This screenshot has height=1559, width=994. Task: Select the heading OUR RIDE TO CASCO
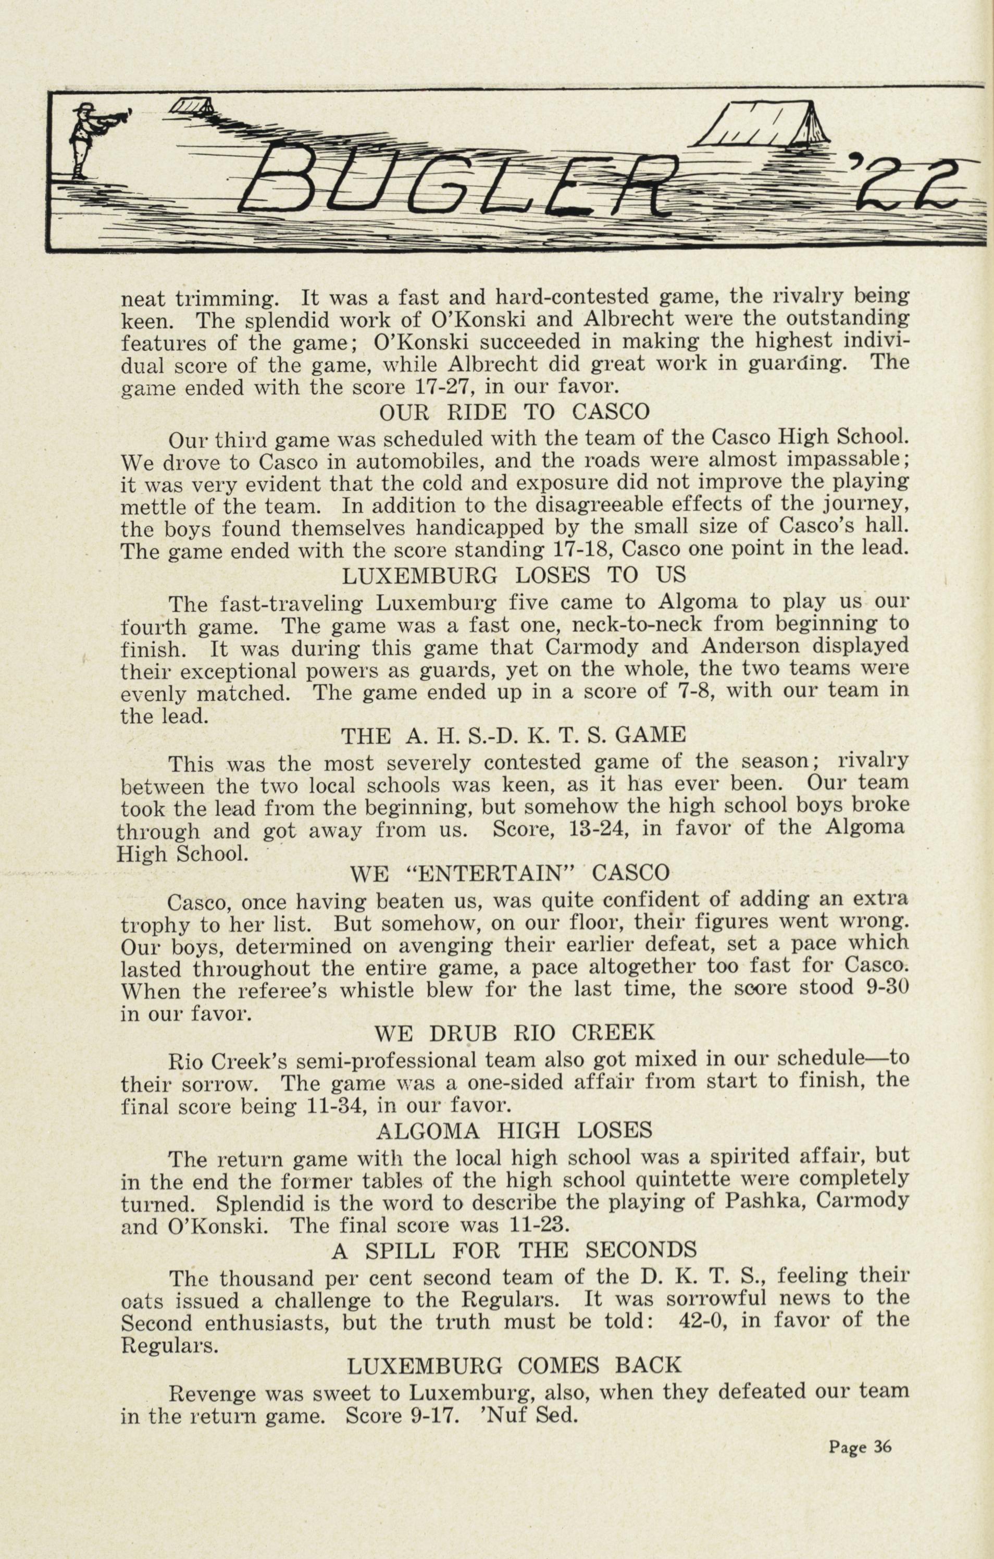514,412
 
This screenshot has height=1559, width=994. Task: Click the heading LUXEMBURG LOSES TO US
513,575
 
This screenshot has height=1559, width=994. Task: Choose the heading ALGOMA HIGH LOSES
514,1130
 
